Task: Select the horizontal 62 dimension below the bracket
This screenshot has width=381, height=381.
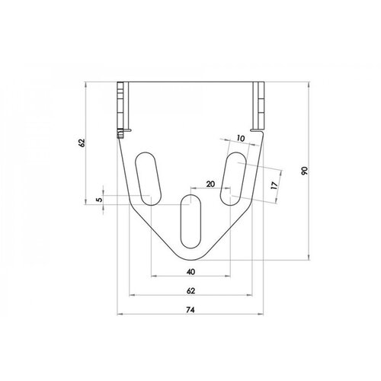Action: pos(190,290)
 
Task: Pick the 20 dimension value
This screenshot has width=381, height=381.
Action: pos(210,184)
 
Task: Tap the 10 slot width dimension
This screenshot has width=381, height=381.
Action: pos(241,139)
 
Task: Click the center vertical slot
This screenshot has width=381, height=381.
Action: pos(190,223)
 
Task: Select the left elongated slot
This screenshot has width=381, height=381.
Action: pos(147,179)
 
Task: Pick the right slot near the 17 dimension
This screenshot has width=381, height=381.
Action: pos(233,179)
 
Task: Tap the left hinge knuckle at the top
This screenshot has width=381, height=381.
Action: pos(122,107)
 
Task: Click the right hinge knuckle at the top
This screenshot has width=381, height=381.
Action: pos(259,107)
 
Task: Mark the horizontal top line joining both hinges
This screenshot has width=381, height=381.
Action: pos(190,82)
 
